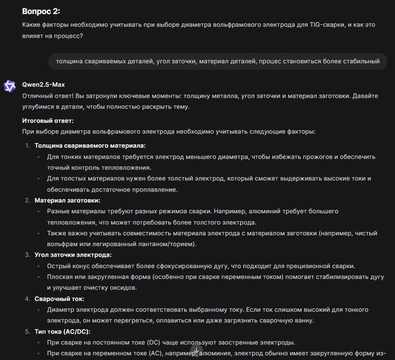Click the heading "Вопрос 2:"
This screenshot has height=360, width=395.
[x=41, y=11]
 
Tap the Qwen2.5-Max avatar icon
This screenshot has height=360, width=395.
[x=10, y=85]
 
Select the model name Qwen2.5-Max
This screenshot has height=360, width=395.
[x=43, y=85]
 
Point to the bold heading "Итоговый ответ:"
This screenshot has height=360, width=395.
[x=48, y=121]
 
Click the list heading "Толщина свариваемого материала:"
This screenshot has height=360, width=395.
[x=82, y=146]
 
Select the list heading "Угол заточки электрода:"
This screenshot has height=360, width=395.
[x=73, y=255]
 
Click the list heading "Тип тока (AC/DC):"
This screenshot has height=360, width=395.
[x=63, y=331]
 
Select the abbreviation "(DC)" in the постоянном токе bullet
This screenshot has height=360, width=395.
[x=154, y=343]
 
